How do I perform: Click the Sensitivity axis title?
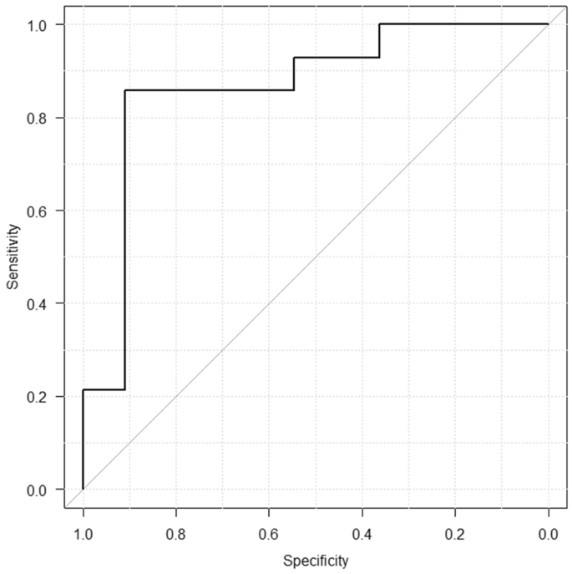[13, 257]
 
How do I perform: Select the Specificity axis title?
[316, 560]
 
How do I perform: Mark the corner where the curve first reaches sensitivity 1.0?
[379, 24]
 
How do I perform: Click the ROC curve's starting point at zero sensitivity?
[83, 489]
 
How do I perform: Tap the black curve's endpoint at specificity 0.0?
[548, 24]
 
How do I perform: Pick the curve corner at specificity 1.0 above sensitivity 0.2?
[83, 389]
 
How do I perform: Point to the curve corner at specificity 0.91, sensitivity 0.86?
[125, 90]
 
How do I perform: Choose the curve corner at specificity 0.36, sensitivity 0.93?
[379, 58]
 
